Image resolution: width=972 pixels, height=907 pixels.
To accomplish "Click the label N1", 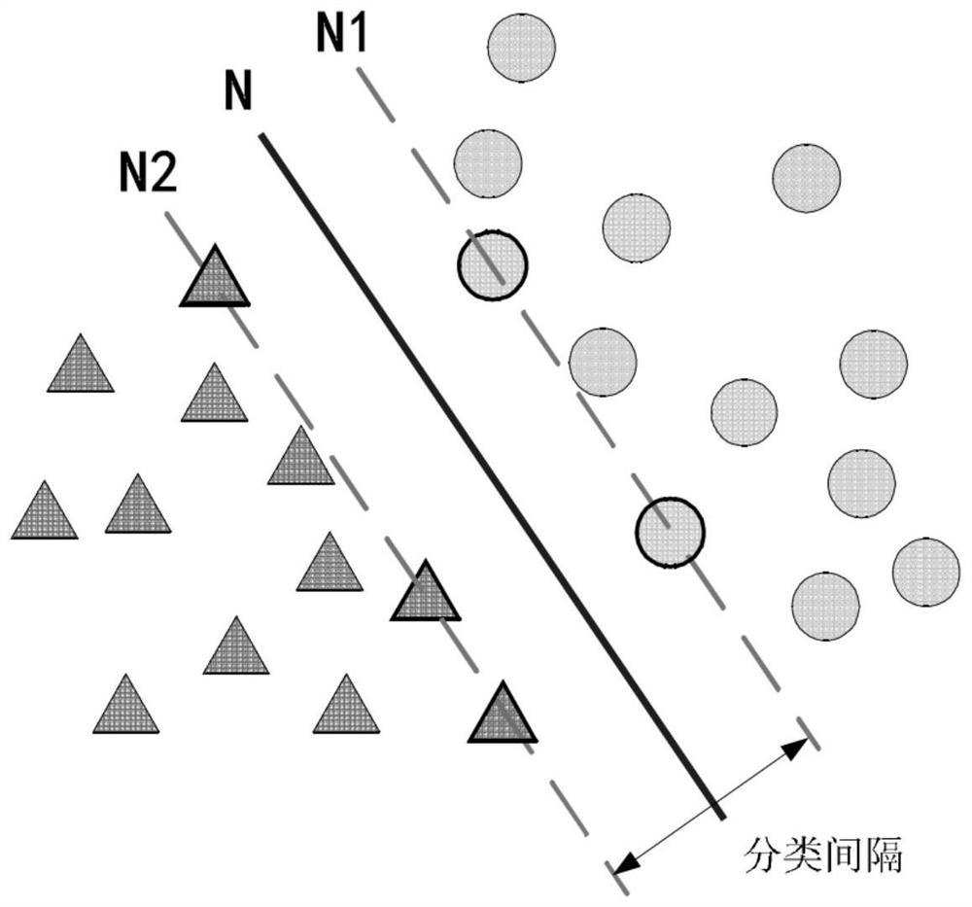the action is coord(341,33).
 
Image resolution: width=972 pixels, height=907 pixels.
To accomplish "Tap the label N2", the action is coord(148,172).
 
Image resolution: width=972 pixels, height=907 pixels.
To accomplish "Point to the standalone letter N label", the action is coord(238,90).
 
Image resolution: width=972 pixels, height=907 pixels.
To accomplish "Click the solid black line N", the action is coord(491,476).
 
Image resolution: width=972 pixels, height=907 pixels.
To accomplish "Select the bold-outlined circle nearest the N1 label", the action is coord(492,265).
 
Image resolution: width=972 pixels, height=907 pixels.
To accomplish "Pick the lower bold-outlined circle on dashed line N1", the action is coord(670,532).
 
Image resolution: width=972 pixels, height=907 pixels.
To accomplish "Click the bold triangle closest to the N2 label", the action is coord(215,276).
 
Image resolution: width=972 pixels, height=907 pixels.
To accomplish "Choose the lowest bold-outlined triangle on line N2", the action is coord(503,713).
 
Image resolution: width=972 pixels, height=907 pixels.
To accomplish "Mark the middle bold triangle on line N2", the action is coord(426,591).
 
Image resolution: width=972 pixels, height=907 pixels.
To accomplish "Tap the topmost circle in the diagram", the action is coord(521,47).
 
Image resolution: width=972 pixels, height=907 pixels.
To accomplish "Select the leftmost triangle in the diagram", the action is coord(45,510).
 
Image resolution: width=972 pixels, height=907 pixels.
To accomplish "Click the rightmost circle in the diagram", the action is coord(926,573).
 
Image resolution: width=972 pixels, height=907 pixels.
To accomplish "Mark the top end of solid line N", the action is coord(260,134).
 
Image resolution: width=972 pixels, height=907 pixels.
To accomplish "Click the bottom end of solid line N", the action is coord(721,819).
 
